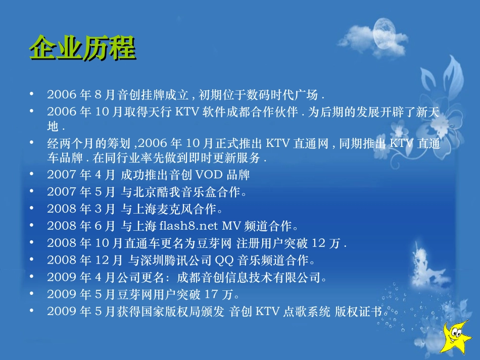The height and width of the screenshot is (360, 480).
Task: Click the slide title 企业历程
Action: pyautogui.click(x=82, y=49)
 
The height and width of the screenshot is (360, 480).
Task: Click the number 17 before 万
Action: pyautogui.click(x=213, y=294)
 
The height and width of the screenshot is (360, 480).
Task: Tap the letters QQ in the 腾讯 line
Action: pyautogui.click(x=225, y=260)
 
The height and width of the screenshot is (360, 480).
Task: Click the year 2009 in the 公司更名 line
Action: pyautogui.click(x=61, y=277)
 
